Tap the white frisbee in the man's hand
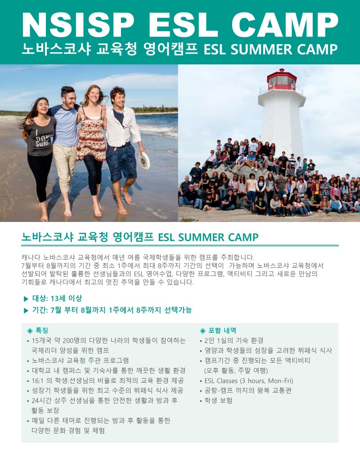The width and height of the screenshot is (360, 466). (144, 161)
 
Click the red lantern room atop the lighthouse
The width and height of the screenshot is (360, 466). (282, 80)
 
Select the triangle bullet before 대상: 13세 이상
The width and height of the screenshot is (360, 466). (26, 298)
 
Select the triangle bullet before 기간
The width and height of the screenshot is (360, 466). (26, 310)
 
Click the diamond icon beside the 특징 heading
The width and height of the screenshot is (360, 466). (30, 330)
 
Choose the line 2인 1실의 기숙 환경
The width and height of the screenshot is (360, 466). (234, 340)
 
